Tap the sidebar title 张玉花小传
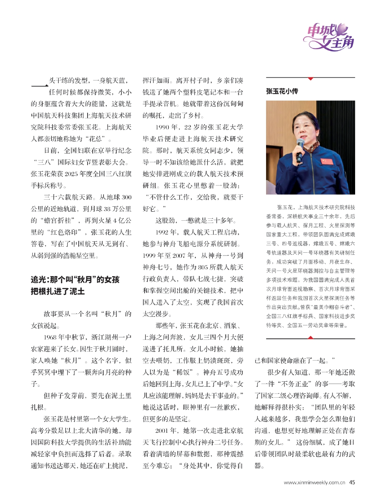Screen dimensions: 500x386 coord(282,91)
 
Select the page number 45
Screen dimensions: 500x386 coord(352,482)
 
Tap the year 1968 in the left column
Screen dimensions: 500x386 coord(50,337)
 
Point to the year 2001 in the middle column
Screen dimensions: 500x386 coord(162,430)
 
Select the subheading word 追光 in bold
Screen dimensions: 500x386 coord(39,280)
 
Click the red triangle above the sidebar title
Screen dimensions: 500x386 coord(311,79)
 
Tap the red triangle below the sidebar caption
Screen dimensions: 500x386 coord(311,337)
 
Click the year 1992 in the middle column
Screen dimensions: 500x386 coord(162,232)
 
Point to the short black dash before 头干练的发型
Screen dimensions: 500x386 coord(39,86)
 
